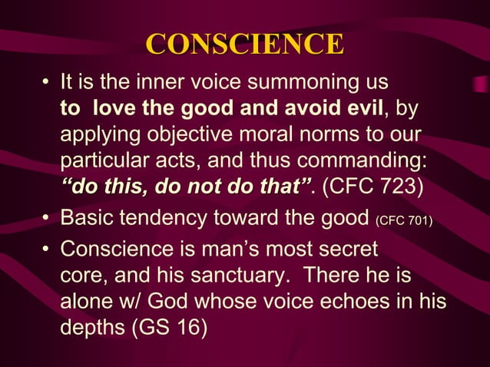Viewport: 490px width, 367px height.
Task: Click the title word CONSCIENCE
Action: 245,45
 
